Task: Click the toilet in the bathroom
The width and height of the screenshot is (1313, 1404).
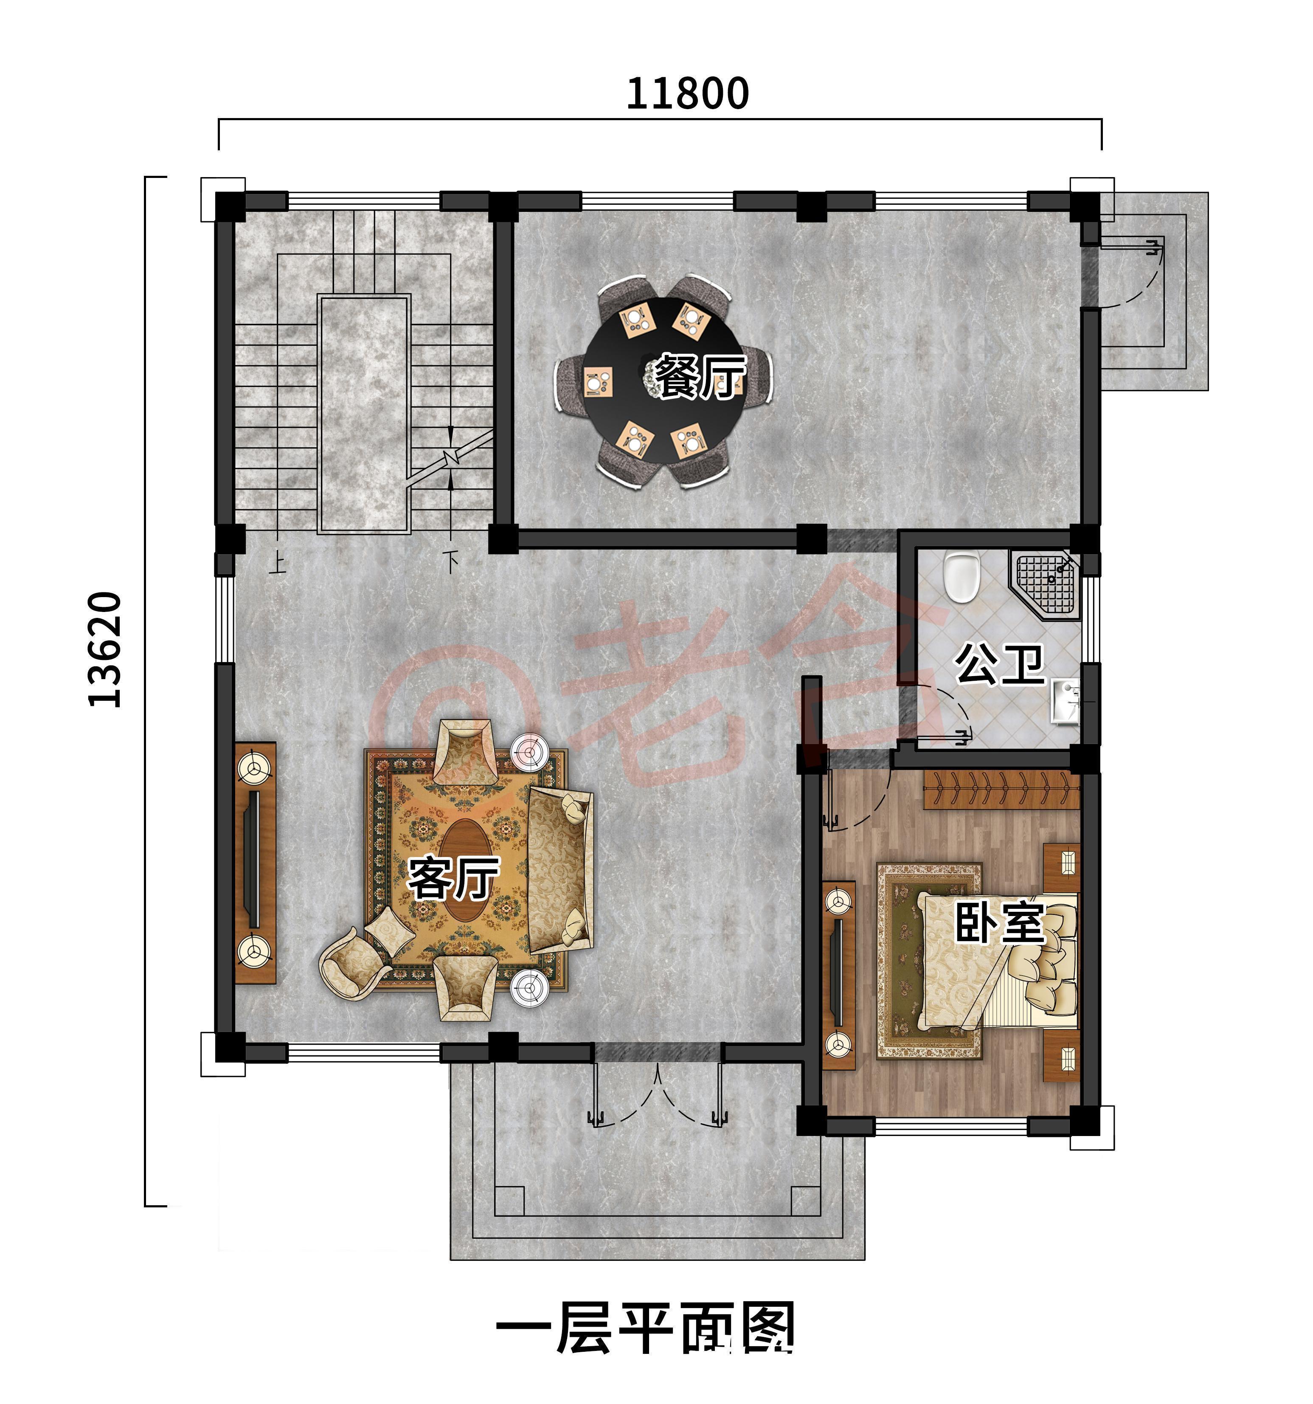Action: (962, 575)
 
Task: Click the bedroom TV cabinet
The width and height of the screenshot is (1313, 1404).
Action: (839, 975)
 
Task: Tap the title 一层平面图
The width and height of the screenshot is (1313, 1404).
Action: (646, 1328)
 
